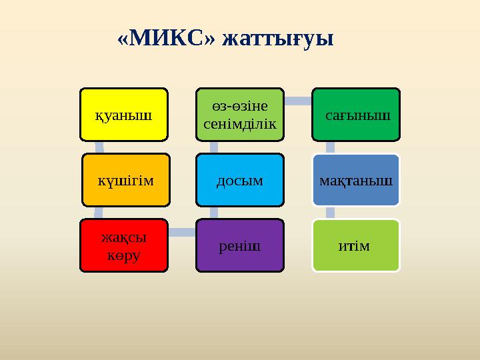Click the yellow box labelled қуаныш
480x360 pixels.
point(123,115)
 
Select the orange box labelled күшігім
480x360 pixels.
point(126,180)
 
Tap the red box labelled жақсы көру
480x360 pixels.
point(123,246)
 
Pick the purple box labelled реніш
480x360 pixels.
point(240,246)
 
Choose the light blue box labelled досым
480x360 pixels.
point(240,180)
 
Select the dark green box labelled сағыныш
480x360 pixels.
point(357,115)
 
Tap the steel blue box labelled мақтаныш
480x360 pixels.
point(357,180)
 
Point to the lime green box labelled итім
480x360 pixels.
point(357,246)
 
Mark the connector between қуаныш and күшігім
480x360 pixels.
point(98,147)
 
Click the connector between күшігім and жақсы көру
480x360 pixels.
point(98,213)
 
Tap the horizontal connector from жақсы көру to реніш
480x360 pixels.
point(182,232)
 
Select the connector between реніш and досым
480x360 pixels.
point(213,213)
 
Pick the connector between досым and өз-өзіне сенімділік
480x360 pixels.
point(213,147)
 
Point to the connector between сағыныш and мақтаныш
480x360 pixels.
point(329,147)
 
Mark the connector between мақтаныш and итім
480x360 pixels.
point(329,213)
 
